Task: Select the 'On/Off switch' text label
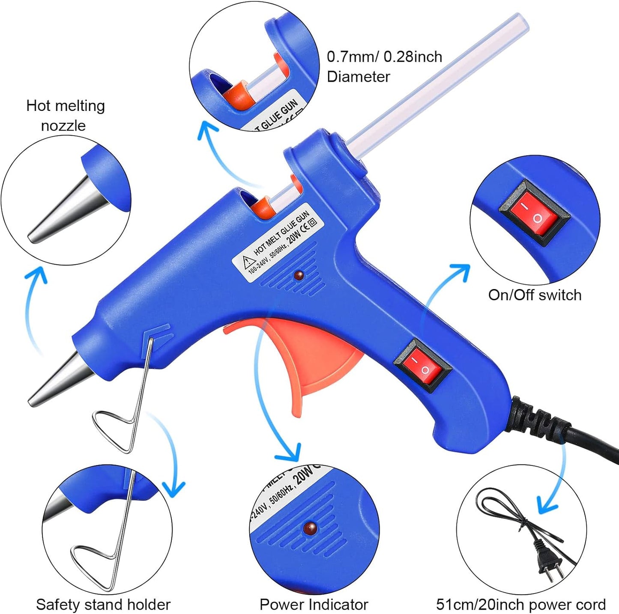(x=535, y=295)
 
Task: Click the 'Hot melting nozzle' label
(x=66, y=115)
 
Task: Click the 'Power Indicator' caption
(x=314, y=605)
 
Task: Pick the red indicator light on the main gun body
(x=299, y=275)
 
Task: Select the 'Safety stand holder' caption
(x=103, y=605)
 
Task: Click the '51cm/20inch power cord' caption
(x=520, y=605)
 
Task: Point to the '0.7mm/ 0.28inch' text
(x=384, y=57)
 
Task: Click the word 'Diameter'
(x=358, y=77)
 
